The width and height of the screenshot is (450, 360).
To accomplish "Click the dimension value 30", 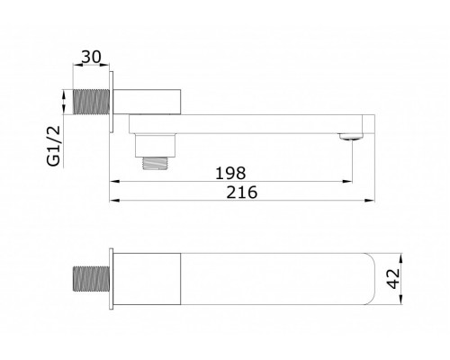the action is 92,57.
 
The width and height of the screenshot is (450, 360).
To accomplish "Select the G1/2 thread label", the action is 54,146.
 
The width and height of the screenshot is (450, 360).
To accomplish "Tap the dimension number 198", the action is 230,173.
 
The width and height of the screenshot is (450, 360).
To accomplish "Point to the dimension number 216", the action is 242,193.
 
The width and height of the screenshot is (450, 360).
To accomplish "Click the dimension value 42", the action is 393,279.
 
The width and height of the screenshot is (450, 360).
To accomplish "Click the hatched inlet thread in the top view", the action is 91,102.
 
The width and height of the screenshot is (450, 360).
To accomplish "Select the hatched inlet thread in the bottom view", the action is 91,279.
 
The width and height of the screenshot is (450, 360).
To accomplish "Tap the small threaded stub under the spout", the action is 155,163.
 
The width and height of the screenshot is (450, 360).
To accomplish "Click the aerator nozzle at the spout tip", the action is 351,137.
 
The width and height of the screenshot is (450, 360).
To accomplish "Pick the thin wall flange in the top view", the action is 112,102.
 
